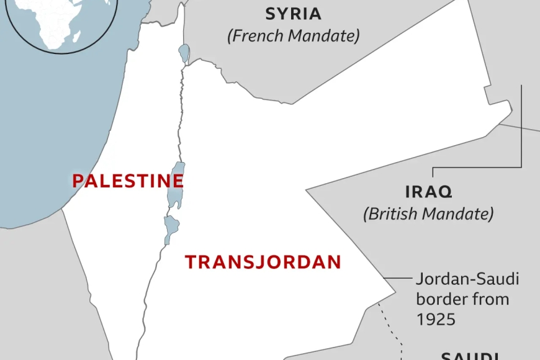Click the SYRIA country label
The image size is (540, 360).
click(x=293, y=14)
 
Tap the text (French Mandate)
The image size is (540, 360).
click(x=293, y=36)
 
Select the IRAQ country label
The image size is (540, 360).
click(x=428, y=191)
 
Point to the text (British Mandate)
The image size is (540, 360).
click(x=428, y=214)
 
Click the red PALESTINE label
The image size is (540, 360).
click(x=128, y=181)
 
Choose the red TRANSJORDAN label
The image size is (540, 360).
click(x=263, y=262)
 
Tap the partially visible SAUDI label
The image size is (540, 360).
click(x=469, y=356)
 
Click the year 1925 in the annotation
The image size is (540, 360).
click(x=436, y=319)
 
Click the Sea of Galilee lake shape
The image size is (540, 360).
click(x=184, y=52)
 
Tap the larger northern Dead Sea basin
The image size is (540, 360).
click(x=177, y=184)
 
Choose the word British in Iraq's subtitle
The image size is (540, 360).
click(x=396, y=214)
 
